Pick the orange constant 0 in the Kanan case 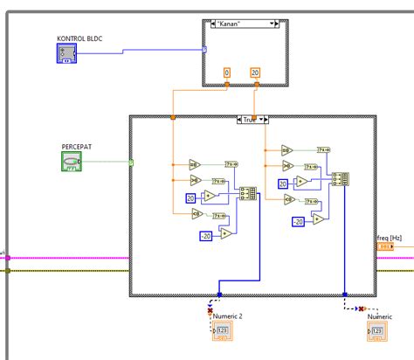pos(227,72)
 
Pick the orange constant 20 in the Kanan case pos(254,72)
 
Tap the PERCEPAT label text pos(77,146)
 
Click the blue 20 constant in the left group pos(191,199)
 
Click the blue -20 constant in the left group pos(205,236)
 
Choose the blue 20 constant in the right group pos(283,183)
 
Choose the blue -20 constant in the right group pos(298,222)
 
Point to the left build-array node pos(247,194)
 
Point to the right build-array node pos(340,179)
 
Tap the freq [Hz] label pos(390,237)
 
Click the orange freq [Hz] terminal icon pos(385,247)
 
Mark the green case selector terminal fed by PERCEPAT pos(131,163)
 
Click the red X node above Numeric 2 pos(210,309)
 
